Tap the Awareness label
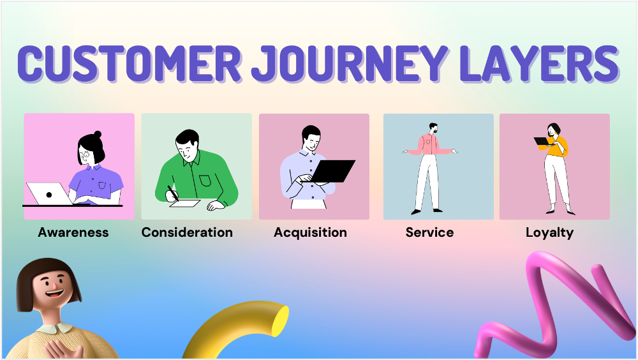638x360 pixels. point(73,232)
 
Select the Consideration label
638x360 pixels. point(187,232)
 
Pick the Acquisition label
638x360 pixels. point(310,232)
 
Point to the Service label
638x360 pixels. point(429,232)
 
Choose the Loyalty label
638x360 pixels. point(549,232)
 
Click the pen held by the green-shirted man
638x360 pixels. point(172,193)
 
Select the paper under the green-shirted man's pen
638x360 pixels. point(184,204)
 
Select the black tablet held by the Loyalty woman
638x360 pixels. point(542,142)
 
